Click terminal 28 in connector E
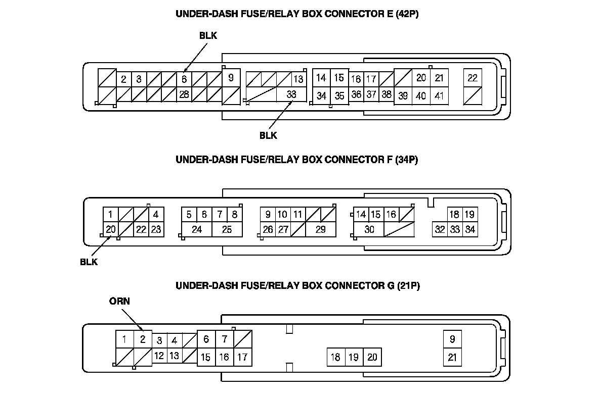tap(184, 94)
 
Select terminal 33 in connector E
tap(291, 94)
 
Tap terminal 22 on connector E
tap(473, 78)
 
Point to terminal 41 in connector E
tap(439, 95)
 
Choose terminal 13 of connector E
tap(298, 79)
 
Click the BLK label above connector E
tap(208, 35)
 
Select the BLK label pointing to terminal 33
tap(268, 135)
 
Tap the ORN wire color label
tap(119, 302)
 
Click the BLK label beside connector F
tap(89, 262)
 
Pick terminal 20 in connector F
tap(111, 229)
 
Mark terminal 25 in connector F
tap(227, 229)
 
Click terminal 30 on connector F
tap(369, 229)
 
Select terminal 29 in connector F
tap(320, 229)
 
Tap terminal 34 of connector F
tap(470, 229)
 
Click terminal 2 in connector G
tap(143, 339)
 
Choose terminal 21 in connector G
tap(452, 357)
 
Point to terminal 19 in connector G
tap(354, 357)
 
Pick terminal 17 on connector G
tap(242, 357)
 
